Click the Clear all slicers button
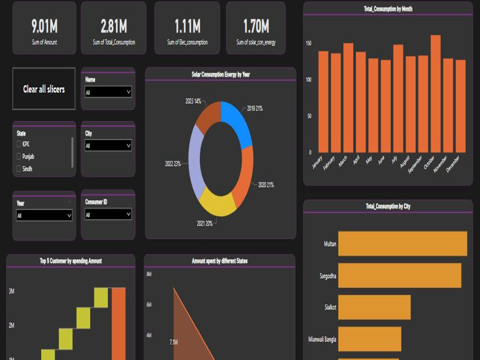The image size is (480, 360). click(44, 89)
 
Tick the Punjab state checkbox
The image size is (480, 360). click(19, 156)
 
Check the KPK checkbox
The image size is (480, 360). click(19, 144)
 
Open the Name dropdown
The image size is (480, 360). click(108, 92)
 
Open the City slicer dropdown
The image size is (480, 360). click(108, 145)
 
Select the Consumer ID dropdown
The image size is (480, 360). click(108, 215)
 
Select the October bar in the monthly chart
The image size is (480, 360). click(435, 94)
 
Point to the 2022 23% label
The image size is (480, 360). click(173, 164)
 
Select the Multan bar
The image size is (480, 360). click(402, 243)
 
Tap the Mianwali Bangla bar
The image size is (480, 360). click(369, 339)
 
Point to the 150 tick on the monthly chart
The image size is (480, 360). click(309, 43)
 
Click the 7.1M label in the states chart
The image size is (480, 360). click(174, 342)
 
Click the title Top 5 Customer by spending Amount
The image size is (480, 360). click(71, 261)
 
